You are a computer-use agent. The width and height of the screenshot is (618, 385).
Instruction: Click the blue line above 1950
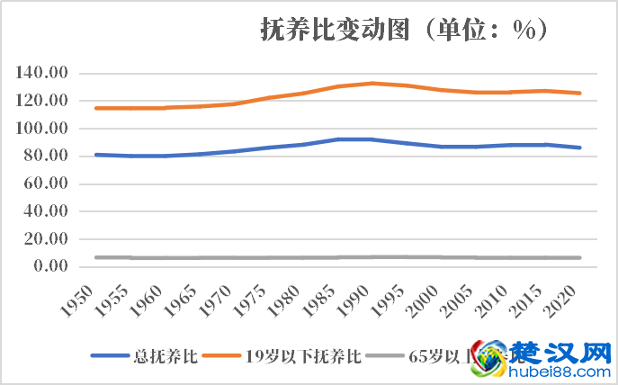96,155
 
